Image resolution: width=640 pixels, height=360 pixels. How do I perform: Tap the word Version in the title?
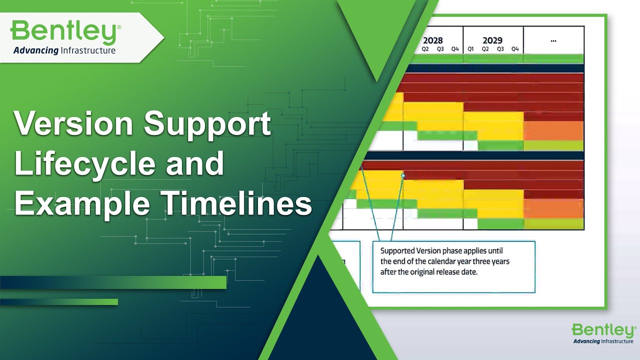click(x=73, y=123)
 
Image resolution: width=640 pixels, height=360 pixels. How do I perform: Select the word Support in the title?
click(x=207, y=123)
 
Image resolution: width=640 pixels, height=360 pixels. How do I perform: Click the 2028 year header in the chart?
click(x=432, y=40)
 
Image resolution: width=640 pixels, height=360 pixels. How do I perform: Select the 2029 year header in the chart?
click(x=492, y=40)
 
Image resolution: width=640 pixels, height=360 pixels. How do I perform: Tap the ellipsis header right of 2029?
click(x=553, y=40)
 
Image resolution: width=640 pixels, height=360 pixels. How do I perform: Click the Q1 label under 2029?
click(x=470, y=49)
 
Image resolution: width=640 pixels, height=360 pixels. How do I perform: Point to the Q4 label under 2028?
click(x=455, y=49)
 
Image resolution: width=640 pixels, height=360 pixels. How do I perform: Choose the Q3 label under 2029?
click(x=500, y=49)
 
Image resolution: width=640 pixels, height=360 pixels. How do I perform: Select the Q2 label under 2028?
click(x=425, y=49)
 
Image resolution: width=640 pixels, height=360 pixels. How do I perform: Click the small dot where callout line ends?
click(x=403, y=175)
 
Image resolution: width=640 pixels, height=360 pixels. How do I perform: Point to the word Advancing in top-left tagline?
click(x=36, y=50)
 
